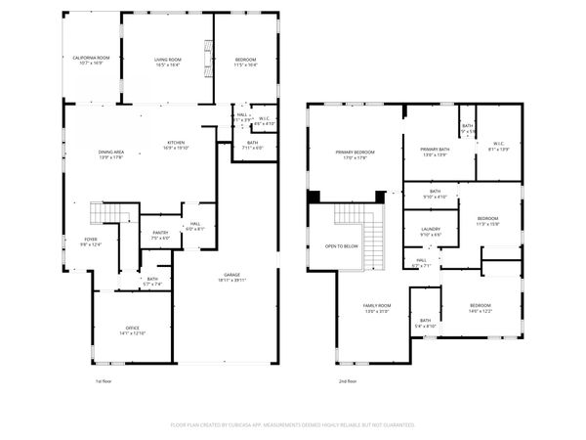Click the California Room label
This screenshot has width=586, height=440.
(x=91, y=59)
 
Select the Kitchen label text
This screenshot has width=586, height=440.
(x=176, y=143)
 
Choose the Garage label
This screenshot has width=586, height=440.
(x=232, y=275)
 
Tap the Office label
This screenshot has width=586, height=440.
(x=132, y=328)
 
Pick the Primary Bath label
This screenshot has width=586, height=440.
(x=435, y=150)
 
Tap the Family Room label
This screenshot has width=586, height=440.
(x=377, y=306)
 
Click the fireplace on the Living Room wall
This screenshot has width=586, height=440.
(x=207, y=61)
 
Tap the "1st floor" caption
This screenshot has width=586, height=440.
(x=105, y=379)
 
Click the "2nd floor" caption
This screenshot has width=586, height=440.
(x=348, y=379)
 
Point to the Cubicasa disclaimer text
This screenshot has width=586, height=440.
(x=293, y=425)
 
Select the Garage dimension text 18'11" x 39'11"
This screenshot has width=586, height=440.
(x=232, y=280)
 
